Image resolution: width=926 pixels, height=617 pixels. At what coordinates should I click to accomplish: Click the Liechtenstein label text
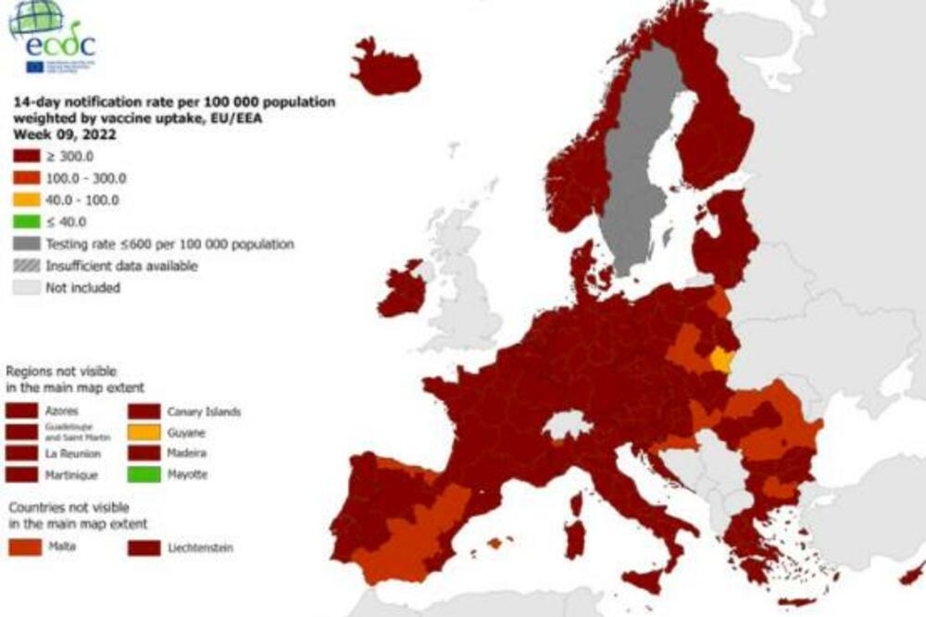(x=200, y=548)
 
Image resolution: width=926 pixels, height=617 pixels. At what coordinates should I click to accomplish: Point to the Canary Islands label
(x=204, y=411)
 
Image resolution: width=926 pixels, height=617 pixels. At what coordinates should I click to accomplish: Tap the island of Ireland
(x=402, y=292)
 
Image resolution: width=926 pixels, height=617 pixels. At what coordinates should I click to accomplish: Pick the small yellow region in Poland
(x=720, y=359)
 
